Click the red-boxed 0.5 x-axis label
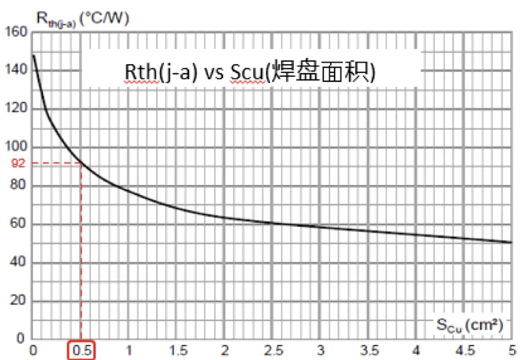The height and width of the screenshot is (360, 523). pos(81,350)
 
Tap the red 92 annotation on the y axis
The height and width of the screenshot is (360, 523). pos(18,162)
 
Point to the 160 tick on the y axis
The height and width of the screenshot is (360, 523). pos(17,32)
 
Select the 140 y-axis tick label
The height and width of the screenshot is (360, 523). pos(17,70)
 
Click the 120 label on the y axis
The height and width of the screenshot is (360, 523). pos(17,108)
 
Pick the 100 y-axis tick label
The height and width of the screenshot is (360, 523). pos(17,147)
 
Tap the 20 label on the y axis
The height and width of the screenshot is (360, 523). pos(19,301)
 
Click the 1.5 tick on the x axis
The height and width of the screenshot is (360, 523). pos(177,350)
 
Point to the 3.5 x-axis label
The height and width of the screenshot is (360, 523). pos(369,350)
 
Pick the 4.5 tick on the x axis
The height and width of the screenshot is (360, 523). pos(465,350)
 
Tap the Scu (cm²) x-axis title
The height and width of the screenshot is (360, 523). pos(469,325)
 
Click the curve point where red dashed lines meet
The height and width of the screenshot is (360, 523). pos(81,163)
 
